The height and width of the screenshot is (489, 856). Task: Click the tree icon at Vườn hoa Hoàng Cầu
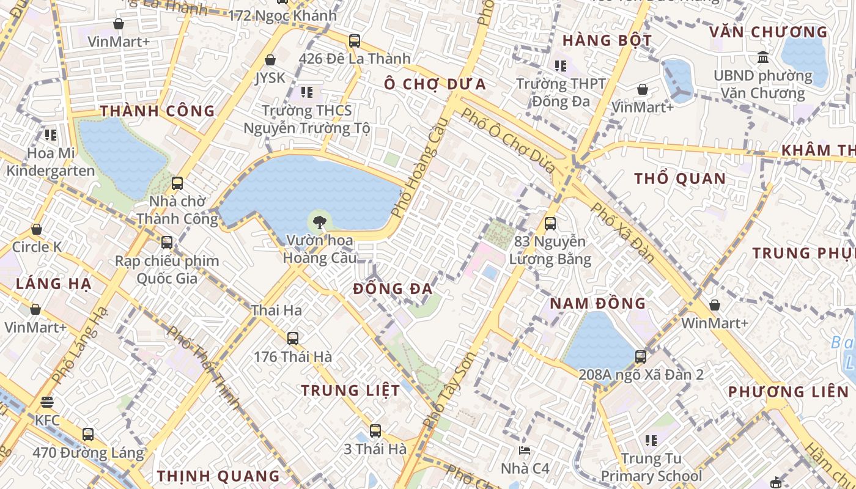pyautogui.click(x=319, y=221)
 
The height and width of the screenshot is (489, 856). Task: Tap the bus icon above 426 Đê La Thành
pyautogui.click(x=355, y=41)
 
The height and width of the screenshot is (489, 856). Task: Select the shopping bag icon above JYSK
pyautogui.click(x=270, y=60)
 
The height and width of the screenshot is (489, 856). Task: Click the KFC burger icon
pyautogui.click(x=47, y=402)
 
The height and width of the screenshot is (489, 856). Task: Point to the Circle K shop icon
pyautogui.click(x=37, y=229)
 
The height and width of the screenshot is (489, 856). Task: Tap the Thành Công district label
pyautogui.click(x=157, y=111)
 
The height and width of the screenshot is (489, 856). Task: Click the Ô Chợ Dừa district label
pyautogui.click(x=435, y=84)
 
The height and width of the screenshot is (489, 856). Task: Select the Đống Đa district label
pyautogui.click(x=393, y=289)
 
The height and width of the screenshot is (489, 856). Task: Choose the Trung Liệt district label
pyautogui.click(x=350, y=390)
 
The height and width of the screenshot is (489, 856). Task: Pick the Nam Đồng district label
pyautogui.click(x=597, y=303)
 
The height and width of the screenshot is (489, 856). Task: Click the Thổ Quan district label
pyautogui.click(x=680, y=178)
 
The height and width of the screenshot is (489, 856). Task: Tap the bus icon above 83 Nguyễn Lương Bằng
pyautogui.click(x=550, y=224)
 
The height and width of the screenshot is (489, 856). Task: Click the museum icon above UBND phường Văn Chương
pyautogui.click(x=763, y=57)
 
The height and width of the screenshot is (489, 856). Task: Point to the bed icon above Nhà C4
pyautogui.click(x=525, y=451)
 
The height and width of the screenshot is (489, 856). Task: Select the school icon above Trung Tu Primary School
pyautogui.click(x=651, y=440)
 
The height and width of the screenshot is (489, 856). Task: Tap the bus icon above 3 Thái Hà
pyautogui.click(x=375, y=430)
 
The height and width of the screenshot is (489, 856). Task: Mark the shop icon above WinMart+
pyautogui.click(x=714, y=304)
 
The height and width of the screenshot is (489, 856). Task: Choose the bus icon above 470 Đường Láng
pyautogui.click(x=88, y=435)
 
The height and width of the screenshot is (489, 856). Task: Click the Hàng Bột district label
pyautogui.click(x=607, y=40)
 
